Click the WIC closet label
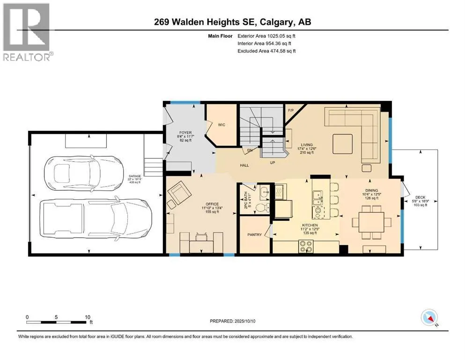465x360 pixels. tap(221, 125)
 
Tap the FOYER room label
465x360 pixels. tap(185, 133)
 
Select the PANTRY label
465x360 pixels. tap(254, 235)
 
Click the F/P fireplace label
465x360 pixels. tap(291, 111)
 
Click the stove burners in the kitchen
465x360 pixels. tap(306, 246)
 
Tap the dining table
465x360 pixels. tap(371, 222)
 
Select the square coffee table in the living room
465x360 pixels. tap(342, 144)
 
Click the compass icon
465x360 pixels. tap(429, 317)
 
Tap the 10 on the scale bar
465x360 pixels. tap(88, 317)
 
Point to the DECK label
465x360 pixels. tap(420, 197)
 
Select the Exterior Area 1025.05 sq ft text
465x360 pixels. tap(266, 36)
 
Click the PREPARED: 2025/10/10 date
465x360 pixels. tap(232, 321)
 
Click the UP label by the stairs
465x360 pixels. tap(273, 163)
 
